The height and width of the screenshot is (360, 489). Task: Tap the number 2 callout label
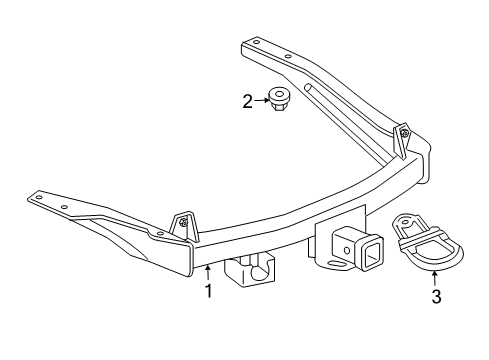tap(247, 100)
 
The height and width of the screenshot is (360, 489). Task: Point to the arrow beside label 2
tap(261, 99)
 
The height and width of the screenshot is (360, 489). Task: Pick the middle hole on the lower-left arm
tap(67, 207)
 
